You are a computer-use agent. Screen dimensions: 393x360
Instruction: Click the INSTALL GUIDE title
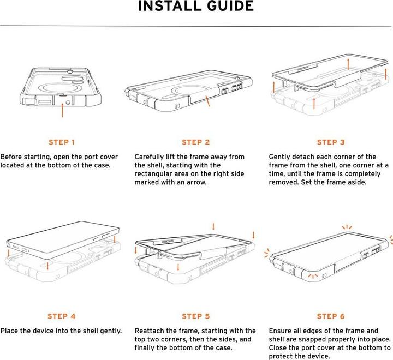pyautogui.click(x=196, y=6)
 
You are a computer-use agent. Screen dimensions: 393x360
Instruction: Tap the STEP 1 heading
pyautogui.click(x=62, y=142)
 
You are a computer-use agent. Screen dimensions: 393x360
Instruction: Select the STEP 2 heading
pyautogui.click(x=196, y=142)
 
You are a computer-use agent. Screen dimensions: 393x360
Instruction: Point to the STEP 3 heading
pyautogui.click(x=331, y=142)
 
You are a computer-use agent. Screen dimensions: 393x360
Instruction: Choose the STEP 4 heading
pyautogui.click(x=62, y=316)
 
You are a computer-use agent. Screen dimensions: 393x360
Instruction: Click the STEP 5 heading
pyautogui.click(x=196, y=316)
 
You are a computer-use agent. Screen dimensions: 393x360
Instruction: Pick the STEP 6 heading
pyautogui.click(x=331, y=316)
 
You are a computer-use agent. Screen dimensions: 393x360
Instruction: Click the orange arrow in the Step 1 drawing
pyautogui.click(x=62, y=110)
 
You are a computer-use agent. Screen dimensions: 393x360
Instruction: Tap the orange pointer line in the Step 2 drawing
pyautogui.click(x=207, y=101)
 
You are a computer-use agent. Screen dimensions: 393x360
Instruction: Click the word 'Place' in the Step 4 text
pyautogui.click(x=9, y=331)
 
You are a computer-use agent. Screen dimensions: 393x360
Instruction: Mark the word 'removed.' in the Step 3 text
pyautogui.click(x=284, y=182)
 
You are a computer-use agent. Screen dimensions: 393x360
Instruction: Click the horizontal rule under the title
pyautogui.click(x=196, y=26)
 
